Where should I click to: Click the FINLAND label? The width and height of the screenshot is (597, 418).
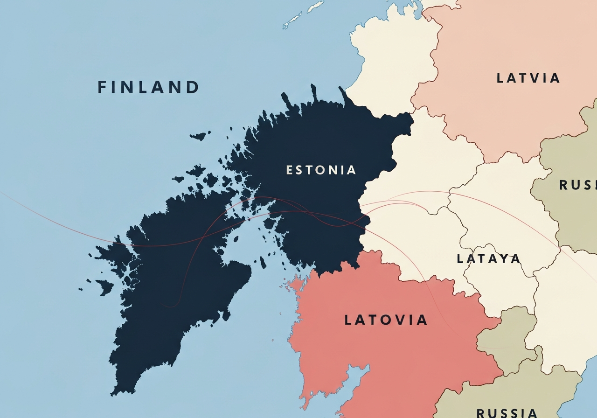click(148, 87)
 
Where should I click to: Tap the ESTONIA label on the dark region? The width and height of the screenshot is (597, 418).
click(321, 170)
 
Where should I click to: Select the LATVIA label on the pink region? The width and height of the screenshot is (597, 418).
click(528, 78)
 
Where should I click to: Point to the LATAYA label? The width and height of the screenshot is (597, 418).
click(488, 258)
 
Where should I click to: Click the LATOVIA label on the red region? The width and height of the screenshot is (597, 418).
click(386, 320)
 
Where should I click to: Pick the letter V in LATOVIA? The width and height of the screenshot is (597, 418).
click(396, 320)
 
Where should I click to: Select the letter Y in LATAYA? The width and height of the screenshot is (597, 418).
click(502, 258)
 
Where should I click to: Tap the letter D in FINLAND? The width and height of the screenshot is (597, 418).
click(193, 87)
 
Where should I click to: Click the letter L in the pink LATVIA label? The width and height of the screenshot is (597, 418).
click(500, 78)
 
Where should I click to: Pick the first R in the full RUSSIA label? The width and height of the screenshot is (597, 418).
click(480, 412)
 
